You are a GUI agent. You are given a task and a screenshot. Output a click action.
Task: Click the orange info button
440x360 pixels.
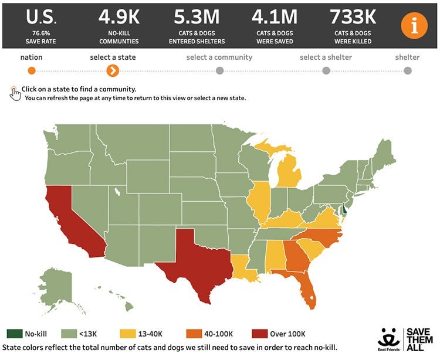click(x=414, y=25)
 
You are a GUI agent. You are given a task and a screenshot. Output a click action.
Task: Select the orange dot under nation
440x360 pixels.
click(x=32, y=71)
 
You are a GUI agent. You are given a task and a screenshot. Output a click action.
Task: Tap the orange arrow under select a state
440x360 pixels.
click(x=113, y=71)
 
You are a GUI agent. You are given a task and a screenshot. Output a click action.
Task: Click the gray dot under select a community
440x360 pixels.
click(x=219, y=71)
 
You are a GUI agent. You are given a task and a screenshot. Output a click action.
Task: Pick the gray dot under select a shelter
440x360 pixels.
click(x=326, y=71)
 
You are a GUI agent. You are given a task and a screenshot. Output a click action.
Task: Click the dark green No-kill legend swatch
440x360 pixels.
click(x=14, y=334)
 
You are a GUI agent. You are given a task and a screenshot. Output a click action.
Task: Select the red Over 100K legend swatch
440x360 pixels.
click(x=259, y=334)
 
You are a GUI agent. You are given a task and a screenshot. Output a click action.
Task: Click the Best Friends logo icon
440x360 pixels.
click(x=390, y=339)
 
